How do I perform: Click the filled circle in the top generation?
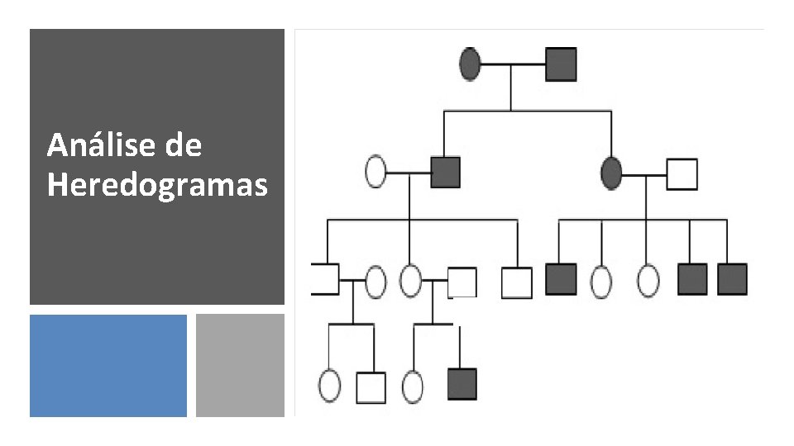(470, 64)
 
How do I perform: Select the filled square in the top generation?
(561, 64)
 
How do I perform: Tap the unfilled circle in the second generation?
(376, 172)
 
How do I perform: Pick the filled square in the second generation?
(445, 172)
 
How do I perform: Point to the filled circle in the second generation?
(611, 173)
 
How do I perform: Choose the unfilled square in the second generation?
(682, 173)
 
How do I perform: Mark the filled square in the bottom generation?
(462, 384)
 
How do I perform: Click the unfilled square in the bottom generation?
(371, 387)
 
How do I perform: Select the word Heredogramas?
(157, 185)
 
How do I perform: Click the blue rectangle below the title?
(108, 365)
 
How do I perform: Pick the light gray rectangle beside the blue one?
(240, 365)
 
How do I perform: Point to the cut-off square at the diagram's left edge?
(324, 279)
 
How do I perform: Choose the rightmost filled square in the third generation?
(732, 279)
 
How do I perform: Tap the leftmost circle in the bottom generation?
(329, 386)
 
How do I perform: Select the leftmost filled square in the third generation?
(561, 279)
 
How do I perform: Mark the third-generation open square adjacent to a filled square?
(517, 282)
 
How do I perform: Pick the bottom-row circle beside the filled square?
(412, 386)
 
